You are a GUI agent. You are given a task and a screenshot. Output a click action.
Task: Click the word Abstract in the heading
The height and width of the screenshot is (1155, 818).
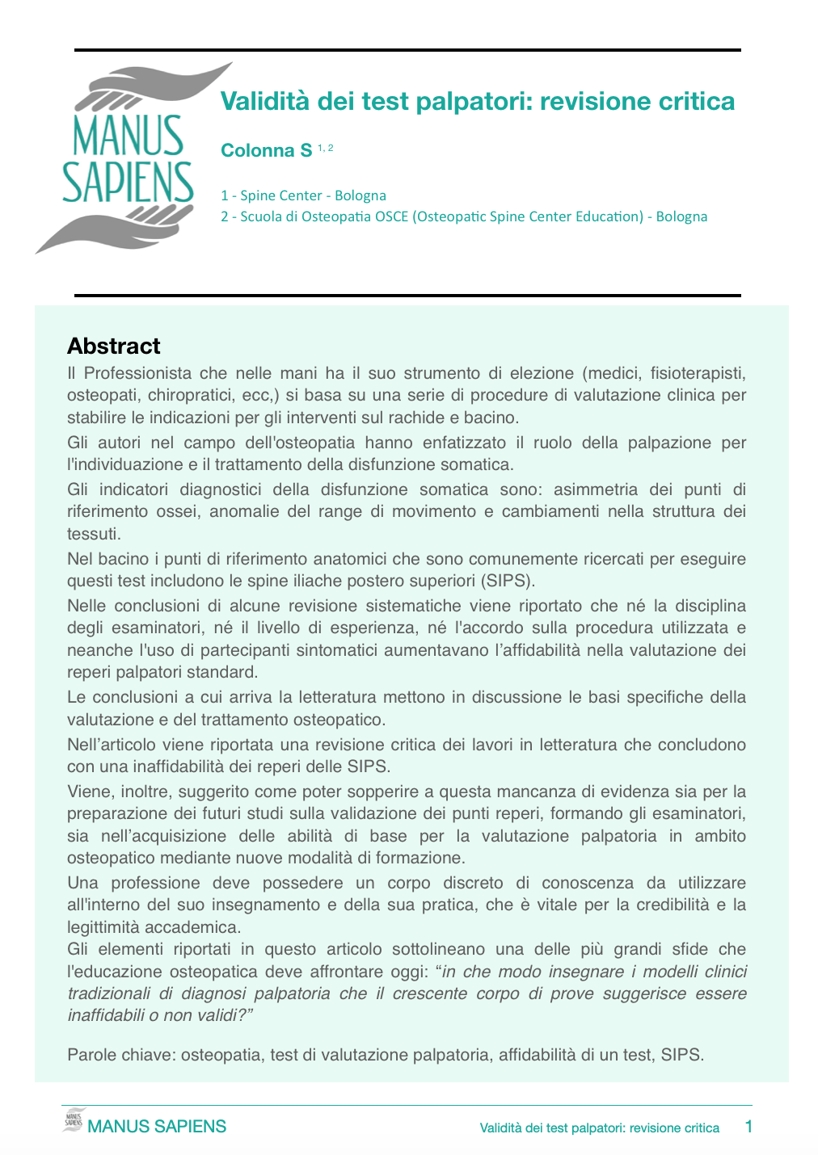[x=114, y=346]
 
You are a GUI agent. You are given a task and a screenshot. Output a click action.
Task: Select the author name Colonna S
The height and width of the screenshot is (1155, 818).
[x=266, y=150]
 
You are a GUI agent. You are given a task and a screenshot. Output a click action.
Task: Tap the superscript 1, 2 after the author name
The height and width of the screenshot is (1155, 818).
[x=325, y=147]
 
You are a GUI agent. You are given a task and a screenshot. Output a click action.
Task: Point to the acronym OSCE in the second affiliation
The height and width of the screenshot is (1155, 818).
[x=392, y=216]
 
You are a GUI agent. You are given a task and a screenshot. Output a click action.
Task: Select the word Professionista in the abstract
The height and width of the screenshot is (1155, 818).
[x=137, y=373]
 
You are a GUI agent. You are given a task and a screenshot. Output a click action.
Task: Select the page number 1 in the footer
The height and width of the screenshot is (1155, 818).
[x=748, y=1126]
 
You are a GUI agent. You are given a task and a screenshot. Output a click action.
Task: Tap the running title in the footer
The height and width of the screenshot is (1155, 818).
[x=599, y=1128]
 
